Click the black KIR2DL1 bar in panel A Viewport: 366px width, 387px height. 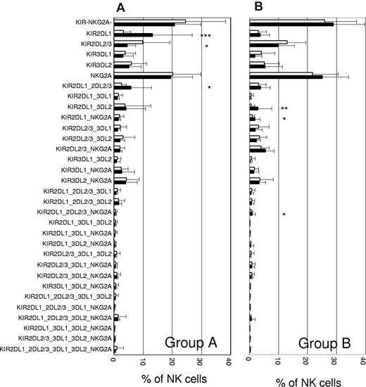pos(134,34)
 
